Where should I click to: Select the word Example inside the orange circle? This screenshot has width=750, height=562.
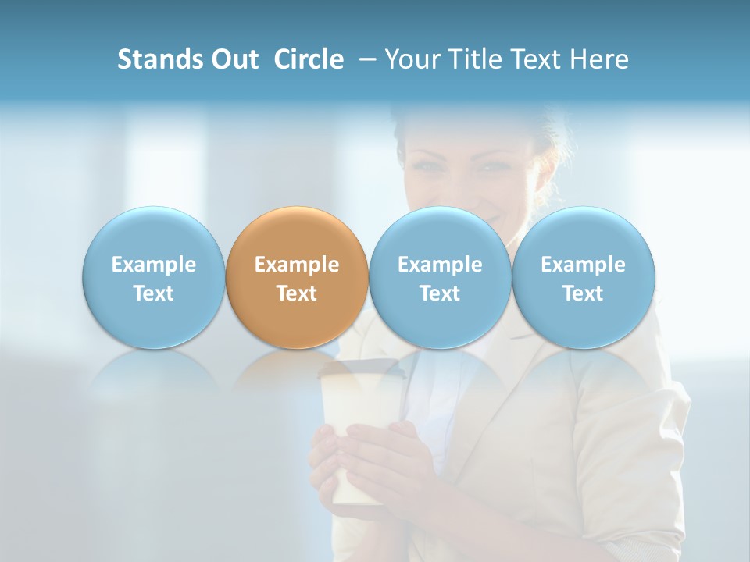pos(297,265)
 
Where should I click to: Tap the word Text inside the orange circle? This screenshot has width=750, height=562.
pos(297,293)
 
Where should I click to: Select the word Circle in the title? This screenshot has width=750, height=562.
pos(309,59)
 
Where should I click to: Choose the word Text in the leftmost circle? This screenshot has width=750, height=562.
pos(153,293)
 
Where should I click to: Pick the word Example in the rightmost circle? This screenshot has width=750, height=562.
pos(583,265)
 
